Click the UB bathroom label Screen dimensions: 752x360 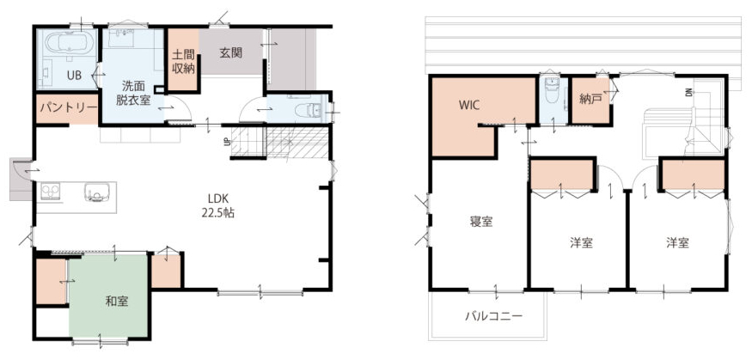coord(73,75)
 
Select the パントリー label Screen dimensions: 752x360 coord(68,107)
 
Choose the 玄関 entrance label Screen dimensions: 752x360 coord(230,53)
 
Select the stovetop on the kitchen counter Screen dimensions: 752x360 coord(50,192)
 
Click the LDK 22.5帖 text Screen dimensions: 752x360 coord(217,206)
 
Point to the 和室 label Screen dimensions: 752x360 coord(117,302)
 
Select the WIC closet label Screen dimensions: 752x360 coord(469,106)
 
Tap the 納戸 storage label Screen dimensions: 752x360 coord(590,100)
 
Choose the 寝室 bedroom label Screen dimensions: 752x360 coord(481,222)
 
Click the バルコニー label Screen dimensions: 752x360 coord(492,316)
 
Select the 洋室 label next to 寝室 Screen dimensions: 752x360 coord(581,243)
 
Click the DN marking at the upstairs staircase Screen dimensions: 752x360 coord(688,93)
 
